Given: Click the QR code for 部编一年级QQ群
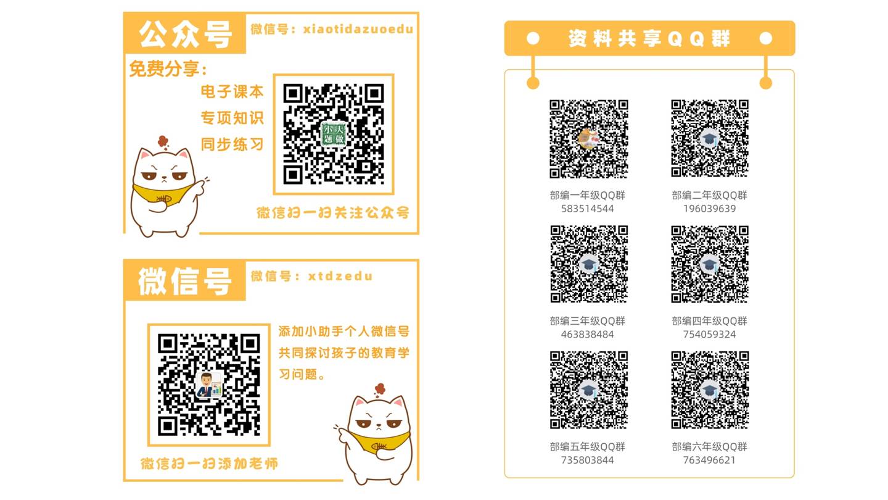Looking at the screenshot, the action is [x=589, y=138].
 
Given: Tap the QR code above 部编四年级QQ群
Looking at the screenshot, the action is [x=710, y=264].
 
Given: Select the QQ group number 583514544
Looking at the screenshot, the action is [x=588, y=209].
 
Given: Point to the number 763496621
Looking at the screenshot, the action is [x=709, y=460].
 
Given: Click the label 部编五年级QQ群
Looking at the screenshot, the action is [x=588, y=447].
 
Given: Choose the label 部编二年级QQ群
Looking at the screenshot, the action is [x=709, y=195].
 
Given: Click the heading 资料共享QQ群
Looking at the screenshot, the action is [x=649, y=38].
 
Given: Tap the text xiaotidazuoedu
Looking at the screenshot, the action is [x=358, y=30].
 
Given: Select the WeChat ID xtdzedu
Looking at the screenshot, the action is [x=340, y=276].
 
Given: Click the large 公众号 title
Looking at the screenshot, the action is [x=185, y=35].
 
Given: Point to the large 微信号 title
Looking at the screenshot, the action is [x=185, y=281].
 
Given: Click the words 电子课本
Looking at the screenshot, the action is [x=232, y=91].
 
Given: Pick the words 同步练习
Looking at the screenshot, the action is [x=232, y=144].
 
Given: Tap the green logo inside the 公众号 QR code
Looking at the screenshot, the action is [x=334, y=134].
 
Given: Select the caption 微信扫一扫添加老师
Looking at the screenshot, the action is [x=209, y=464].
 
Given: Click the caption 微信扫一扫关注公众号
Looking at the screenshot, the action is [x=333, y=213].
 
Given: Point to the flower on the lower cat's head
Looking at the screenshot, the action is [x=379, y=389].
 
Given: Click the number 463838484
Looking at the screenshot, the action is [x=588, y=335].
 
